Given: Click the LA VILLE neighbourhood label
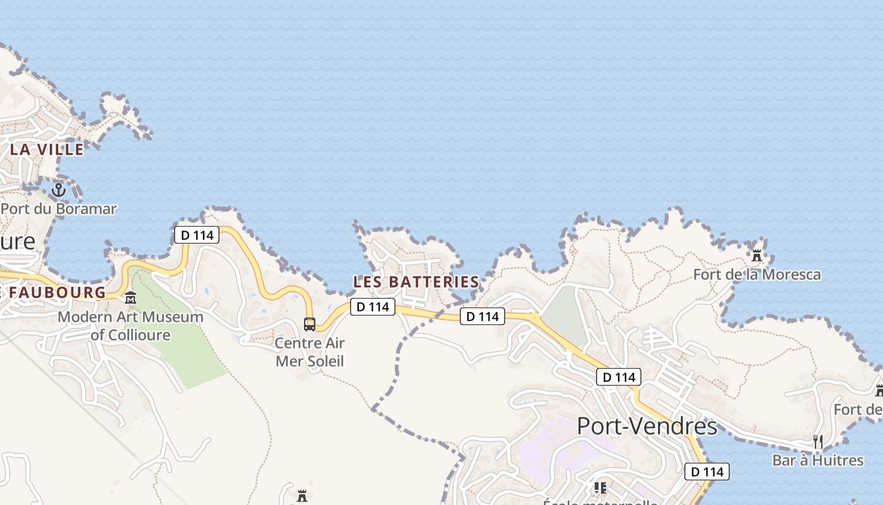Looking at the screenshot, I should [x=47, y=150].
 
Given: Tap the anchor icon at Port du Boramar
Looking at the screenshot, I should [x=59, y=189].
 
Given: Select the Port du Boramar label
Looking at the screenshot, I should [x=59, y=208].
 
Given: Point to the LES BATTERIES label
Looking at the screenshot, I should [x=416, y=282].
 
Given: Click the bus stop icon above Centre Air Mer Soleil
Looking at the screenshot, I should [x=310, y=324].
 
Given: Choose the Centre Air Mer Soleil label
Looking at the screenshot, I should [x=310, y=352].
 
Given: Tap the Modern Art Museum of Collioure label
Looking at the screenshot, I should [x=131, y=326].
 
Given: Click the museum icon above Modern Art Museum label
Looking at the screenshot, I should [x=131, y=297].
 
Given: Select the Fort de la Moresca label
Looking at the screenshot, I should [x=757, y=275].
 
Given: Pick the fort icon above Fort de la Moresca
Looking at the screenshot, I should [x=757, y=256].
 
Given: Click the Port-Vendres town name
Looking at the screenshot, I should [x=647, y=427].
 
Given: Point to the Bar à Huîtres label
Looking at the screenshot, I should [x=817, y=460].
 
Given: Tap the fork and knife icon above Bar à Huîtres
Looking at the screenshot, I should [x=818, y=442].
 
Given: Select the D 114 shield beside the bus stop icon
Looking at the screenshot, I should [x=373, y=307].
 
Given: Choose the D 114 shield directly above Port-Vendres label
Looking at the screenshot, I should [x=619, y=377].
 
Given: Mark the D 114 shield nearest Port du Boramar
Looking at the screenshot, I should [x=196, y=235].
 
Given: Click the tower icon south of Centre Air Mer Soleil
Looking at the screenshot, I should [x=302, y=494].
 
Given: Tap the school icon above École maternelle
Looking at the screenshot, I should [x=600, y=488].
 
